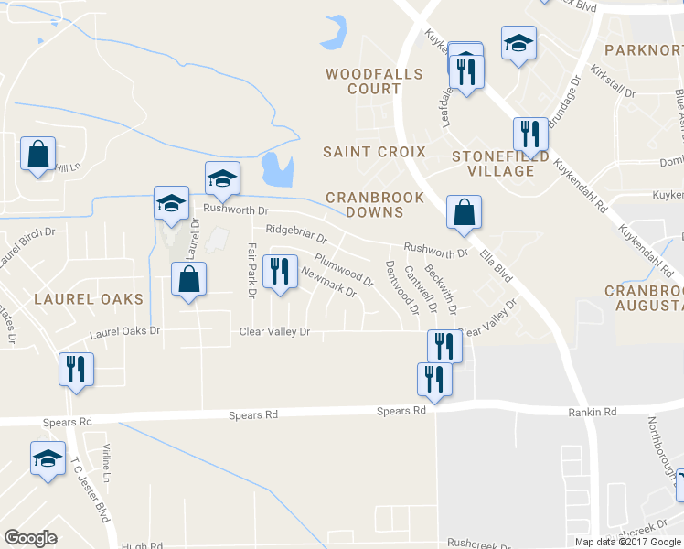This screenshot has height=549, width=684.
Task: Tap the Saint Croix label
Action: [375, 151]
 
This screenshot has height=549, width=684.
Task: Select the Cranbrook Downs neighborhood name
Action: [375, 204]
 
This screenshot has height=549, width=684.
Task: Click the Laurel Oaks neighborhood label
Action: [89, 299]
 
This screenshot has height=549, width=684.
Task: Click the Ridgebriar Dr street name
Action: [296, 234]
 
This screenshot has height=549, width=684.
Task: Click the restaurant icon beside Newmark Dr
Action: [280, 272]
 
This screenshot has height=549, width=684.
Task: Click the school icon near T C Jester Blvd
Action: [47, 458]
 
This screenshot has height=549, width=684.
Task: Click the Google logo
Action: [30, 538]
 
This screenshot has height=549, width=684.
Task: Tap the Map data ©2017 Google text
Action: [628, 542]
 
